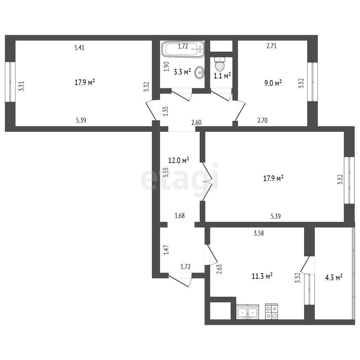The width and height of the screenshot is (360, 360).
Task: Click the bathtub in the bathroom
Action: (183, 49)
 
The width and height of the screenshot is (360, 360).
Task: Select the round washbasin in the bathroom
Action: (200, 73)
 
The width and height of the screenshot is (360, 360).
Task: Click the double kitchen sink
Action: (247, 312)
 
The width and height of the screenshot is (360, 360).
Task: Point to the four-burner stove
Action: (272, 311)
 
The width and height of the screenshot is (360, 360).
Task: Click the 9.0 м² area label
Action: (273, 83)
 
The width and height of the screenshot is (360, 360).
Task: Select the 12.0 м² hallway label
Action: (179, 160)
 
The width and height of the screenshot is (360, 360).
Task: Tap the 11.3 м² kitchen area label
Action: (262, 276)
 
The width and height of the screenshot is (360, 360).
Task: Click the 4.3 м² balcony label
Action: (334, 278)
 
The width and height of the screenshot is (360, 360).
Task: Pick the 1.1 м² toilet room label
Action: (222, 76)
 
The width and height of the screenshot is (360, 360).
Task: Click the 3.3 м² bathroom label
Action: (182, 72)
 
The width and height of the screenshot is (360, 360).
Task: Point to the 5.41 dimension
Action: (79, 47)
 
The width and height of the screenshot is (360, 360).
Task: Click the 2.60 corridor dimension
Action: (196, 122)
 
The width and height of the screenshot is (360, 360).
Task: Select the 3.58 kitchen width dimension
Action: (259, 233)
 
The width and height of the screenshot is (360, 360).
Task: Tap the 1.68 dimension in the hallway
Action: (180, 216)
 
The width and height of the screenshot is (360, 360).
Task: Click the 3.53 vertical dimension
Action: (166, 173)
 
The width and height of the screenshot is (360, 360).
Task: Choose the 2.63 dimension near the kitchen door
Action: (219, 269)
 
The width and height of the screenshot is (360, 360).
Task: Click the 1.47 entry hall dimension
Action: (166, 250)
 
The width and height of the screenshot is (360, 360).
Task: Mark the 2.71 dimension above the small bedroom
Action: (271, 46)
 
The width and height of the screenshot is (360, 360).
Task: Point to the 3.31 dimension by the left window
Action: (21, 86)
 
